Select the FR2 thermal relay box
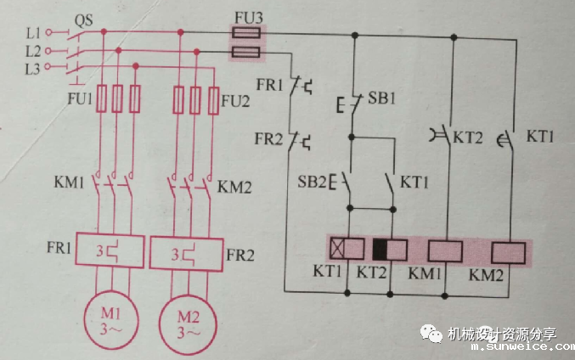[x=185, y=252]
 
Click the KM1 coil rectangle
[x=443, y=250]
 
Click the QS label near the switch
[x=84, y=19]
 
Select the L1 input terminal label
[x=34, y=33]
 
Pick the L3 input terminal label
[x=34, y=67]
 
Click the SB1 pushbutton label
[x=382, y=98]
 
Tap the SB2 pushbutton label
[x=311, y=181]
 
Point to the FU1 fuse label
[x=80, y=99]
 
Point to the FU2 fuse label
[x=235, y=99]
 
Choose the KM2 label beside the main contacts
[x=234, y=184]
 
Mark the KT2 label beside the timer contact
[x=467, y=136]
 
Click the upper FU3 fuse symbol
[x=246, y=35]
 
